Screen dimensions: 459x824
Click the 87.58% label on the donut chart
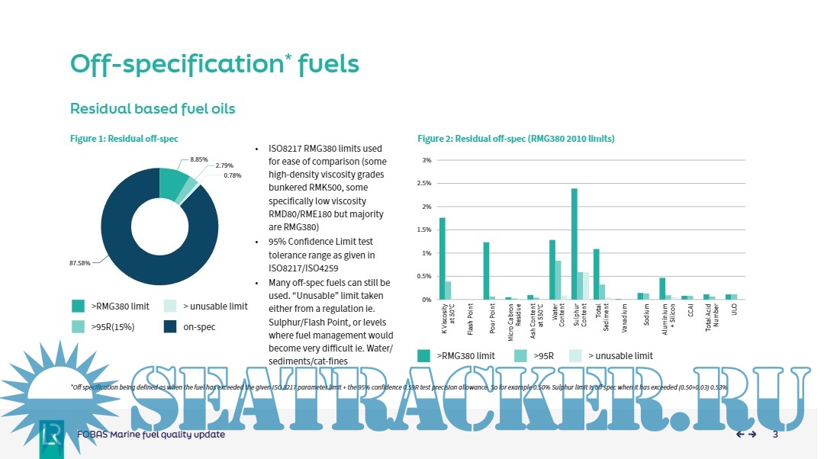pos(79,263)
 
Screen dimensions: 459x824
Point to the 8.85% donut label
pos(198,159)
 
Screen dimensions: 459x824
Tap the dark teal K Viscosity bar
pos(442,258)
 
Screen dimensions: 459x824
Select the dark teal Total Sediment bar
pos(597,274)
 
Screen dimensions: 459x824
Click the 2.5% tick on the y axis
pos(427,184)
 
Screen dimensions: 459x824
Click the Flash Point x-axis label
pos(470,319)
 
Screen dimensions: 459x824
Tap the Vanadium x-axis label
pos(625,319)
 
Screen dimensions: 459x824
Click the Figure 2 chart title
pos(516,139)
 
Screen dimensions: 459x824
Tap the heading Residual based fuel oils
pos(153,109)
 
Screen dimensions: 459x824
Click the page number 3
pos(775,435)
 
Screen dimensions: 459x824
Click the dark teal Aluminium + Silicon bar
pos(662,289)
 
